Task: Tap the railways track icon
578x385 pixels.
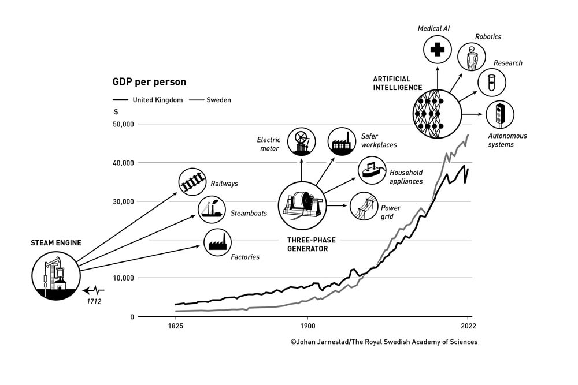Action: click(192, 182)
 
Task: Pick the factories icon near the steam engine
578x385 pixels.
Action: click(217, 242)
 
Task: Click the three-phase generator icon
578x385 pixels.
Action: click(303, 204)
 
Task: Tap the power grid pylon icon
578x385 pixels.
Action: click(364, 206)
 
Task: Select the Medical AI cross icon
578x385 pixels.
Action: click(438, 50)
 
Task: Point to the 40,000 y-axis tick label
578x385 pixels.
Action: click(122, 163)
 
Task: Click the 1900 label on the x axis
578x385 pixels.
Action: click(307, 326)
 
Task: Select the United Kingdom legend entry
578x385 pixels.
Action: click(148, 100)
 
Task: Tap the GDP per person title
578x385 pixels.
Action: click(149, 82)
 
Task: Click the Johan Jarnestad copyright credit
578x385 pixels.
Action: click(384, 342)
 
